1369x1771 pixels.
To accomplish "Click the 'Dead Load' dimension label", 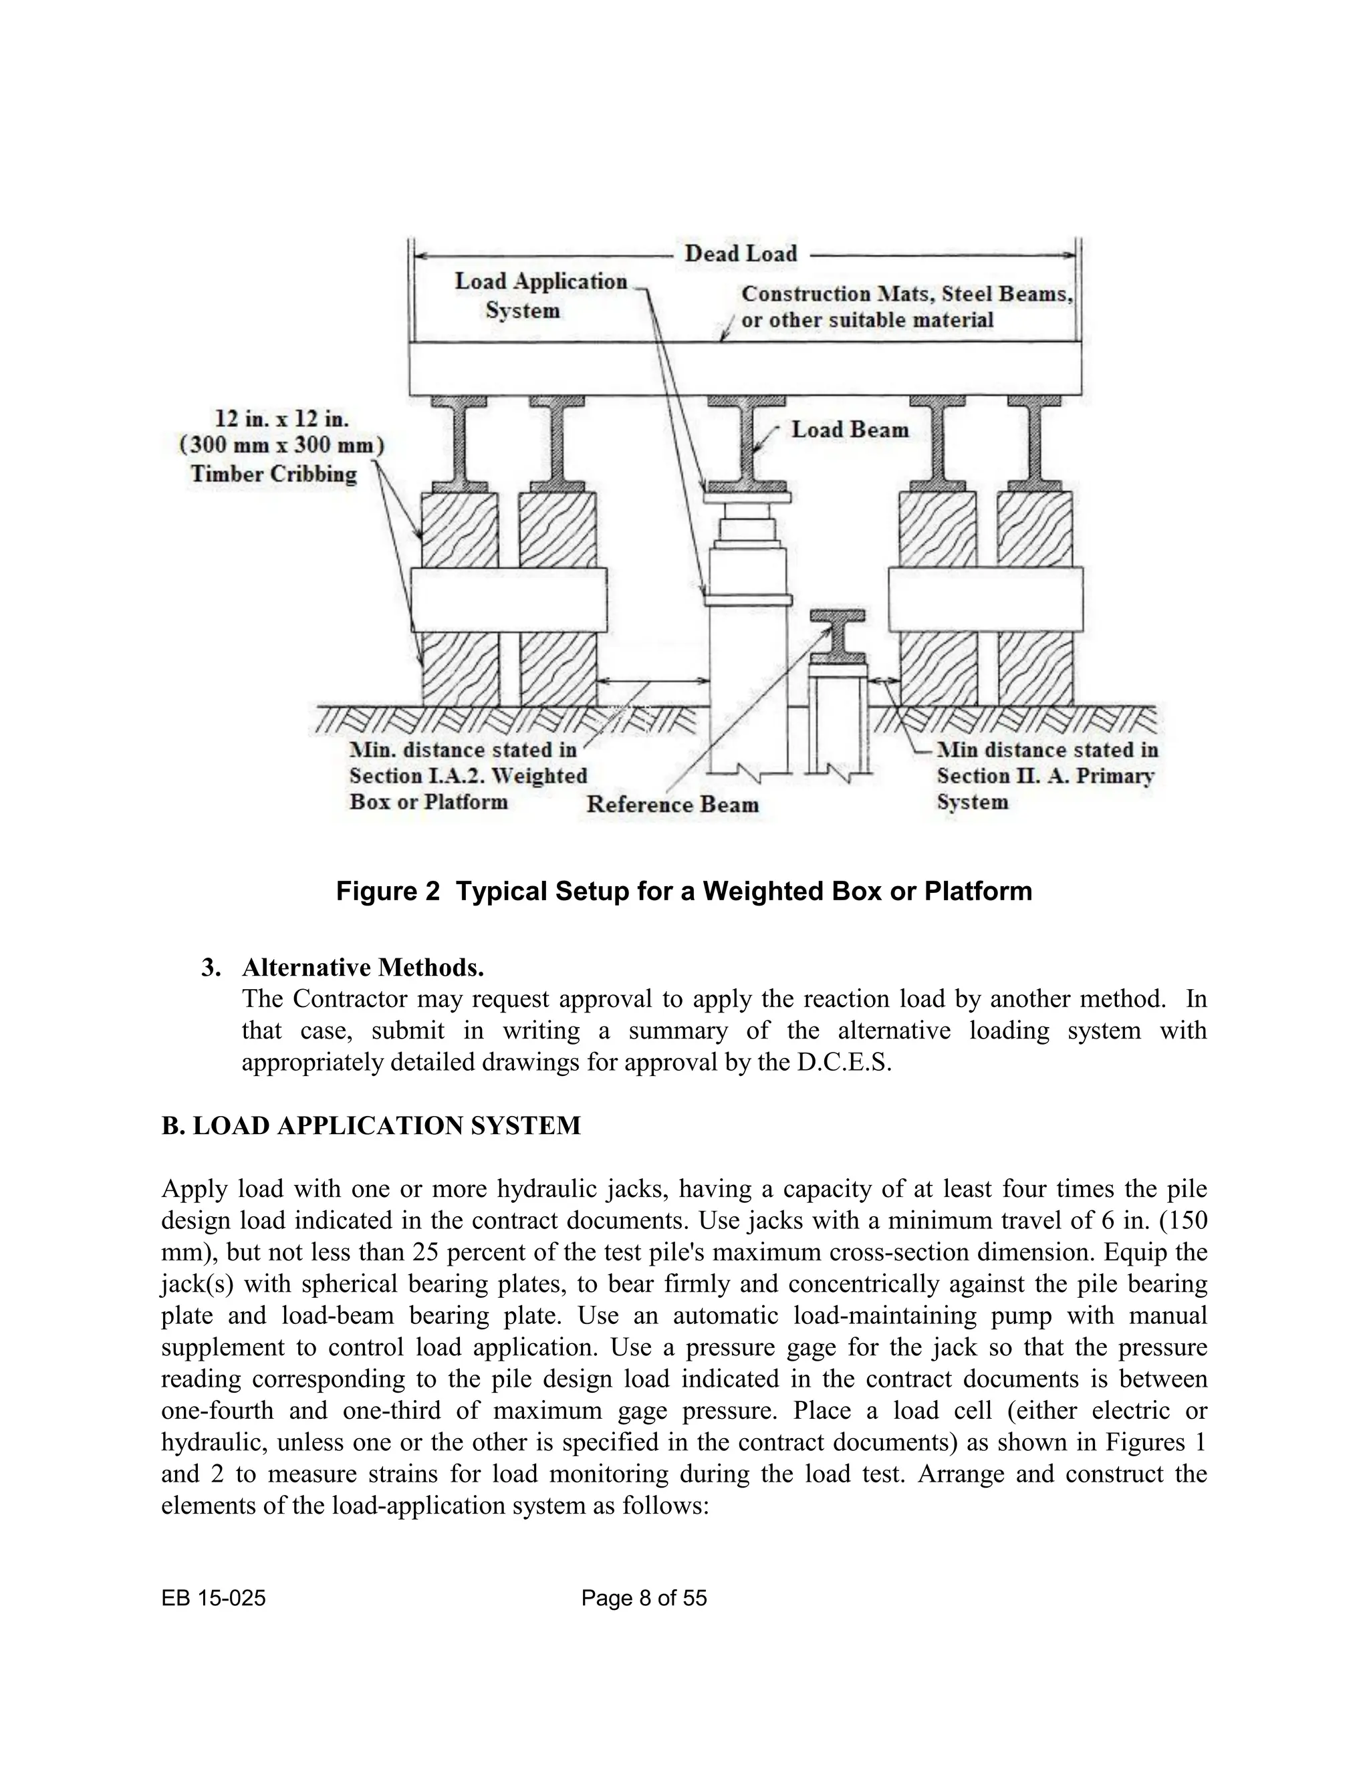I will tap(741, 254).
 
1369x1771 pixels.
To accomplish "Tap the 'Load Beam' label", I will tap(849, 430).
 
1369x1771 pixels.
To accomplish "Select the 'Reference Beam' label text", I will tap(672, 805).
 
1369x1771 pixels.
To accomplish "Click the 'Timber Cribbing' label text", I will tap(273, 474).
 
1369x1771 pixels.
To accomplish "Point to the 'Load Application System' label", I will tap(540, 295).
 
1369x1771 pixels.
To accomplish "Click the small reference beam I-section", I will tap(837, 636).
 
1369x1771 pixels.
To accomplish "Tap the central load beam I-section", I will tap(746, 442).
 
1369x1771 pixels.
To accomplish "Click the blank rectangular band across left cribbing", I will tap(509, 600).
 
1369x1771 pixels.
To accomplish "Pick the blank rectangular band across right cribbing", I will tap(985, 600).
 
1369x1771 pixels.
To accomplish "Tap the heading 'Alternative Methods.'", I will tap(362, 968).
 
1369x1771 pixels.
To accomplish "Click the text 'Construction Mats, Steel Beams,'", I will tap(906, 294).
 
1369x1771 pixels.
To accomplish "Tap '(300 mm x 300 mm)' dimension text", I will tap(281, 446).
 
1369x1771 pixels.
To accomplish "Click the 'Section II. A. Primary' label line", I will tap(1045, 776).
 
